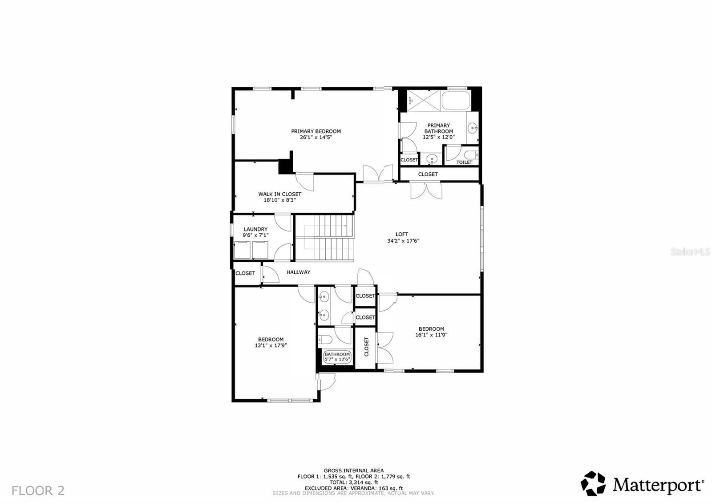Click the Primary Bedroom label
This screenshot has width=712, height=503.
[316, 131]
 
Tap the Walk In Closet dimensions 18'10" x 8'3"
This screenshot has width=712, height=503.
[279, 200]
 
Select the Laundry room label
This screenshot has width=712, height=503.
[255, 229]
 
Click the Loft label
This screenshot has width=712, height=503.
[402, 234]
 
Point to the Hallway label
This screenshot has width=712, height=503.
[298, 272]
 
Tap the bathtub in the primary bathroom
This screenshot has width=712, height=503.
[456, 101]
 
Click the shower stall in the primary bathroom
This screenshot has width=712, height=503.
[423, 100]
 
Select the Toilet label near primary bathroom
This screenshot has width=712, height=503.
[464, 162]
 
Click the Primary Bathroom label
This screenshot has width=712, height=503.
[438, 128]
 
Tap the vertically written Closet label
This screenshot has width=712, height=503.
[367, 347]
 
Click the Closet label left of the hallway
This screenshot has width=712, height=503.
[245, 273]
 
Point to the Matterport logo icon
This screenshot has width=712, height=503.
[593, 483]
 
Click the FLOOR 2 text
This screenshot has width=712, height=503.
[38, 491]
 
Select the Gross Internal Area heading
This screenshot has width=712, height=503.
[353, 471]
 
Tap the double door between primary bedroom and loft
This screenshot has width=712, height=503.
[378, 173]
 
